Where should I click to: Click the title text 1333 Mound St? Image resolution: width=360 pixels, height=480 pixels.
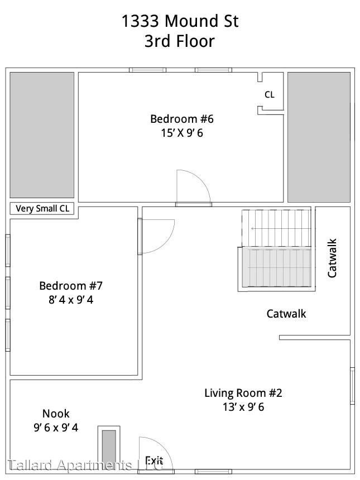[x=180, y=22]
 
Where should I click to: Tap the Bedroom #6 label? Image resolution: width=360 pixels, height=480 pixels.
[x=182, y=119]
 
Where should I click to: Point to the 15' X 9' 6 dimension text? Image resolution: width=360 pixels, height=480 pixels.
[x=182, y=133]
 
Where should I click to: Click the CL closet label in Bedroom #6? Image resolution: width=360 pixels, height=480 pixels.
[x=269, y=95]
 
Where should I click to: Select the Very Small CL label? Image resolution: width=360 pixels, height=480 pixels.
[x=42, y=209]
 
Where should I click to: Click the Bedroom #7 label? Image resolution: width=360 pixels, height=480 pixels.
[x=71, y=286]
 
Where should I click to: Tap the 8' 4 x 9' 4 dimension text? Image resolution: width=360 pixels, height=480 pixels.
[x=71, y=300]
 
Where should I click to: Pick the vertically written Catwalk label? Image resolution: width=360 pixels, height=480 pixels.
[x=332, y=258]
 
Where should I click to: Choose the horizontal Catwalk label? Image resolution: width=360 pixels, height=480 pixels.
[x=286, y=314]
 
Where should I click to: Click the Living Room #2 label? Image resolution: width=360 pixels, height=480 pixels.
[x=243, y=393]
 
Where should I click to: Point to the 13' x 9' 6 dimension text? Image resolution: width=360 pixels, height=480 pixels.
[x=243, y=407]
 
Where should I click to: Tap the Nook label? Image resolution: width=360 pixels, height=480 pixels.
[x=56, y=414]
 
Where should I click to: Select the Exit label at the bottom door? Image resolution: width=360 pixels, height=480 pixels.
[x=154, y=460]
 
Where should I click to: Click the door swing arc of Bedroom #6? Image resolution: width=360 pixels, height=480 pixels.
[x=195, y=184]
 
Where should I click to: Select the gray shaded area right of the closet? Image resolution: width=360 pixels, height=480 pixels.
[x=319, y=137]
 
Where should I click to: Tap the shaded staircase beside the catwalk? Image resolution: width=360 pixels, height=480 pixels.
[x=276, y=267]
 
